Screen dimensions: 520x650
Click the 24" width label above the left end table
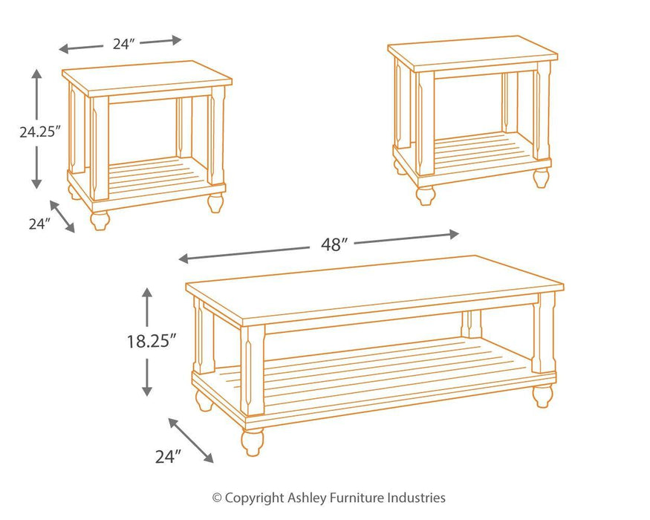(x=122, y=44)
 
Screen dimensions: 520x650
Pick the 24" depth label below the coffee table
(x=169, y=456)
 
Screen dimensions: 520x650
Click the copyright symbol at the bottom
(x=217, y=498)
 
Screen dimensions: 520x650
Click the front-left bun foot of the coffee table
(x=251, y=442)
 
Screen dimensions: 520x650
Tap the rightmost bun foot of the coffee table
(x=542, y=395)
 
